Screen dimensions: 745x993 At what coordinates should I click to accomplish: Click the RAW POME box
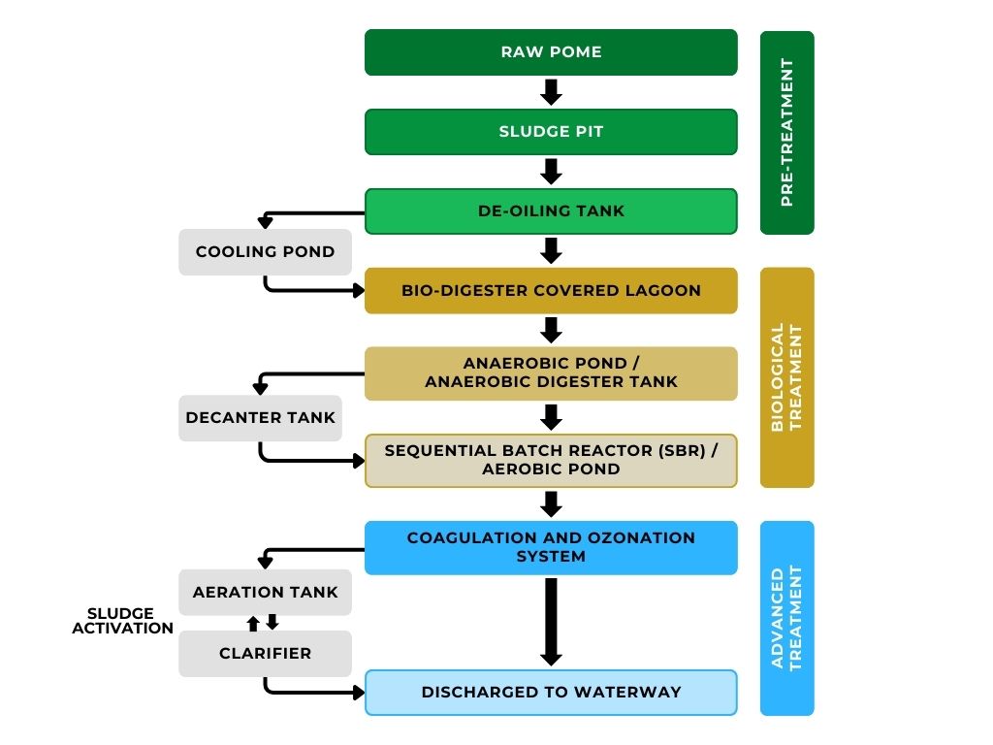[551, 52]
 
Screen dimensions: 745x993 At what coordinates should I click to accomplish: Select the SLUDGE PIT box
[551, 132]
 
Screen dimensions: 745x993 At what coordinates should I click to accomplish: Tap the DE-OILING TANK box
[551, 211]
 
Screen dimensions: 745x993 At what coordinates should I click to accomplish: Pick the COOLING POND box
[265, 252]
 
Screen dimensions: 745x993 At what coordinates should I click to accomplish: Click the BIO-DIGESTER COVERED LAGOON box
[551, 291]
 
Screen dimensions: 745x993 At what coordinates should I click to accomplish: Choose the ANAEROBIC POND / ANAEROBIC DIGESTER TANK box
[551, 372]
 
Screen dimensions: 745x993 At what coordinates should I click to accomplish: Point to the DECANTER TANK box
[260, 418]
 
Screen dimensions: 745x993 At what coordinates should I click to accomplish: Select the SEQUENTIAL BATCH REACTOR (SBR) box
[551, 460]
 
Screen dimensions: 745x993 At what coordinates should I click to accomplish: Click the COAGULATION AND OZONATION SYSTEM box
[551, 547]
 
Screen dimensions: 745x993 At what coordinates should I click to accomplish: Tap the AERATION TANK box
[265, 592]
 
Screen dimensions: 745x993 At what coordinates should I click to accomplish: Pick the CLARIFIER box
[265, 654]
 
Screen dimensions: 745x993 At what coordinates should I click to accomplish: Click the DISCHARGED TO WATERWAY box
[551, 693]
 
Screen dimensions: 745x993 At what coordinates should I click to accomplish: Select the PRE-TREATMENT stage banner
[786, 133]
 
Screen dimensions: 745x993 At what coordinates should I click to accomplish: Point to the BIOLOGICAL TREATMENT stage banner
[786, 377]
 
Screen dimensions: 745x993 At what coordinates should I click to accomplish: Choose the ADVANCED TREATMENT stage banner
[786, 618]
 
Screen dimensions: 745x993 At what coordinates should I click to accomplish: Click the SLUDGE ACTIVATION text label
[120, 621]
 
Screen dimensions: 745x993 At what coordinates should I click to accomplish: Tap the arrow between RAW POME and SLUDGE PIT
[551, 92]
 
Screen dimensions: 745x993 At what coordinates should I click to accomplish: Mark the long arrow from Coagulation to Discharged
[551, 621]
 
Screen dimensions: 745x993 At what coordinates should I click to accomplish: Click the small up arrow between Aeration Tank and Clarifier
[253, 623]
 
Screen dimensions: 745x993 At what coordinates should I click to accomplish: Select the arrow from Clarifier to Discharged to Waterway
[310, 692]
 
